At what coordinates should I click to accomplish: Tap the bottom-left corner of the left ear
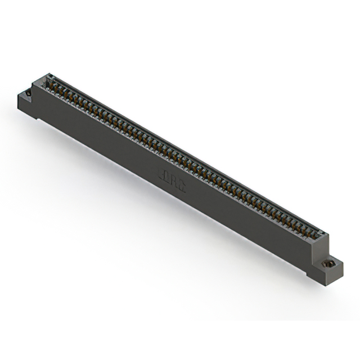[19, 112]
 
